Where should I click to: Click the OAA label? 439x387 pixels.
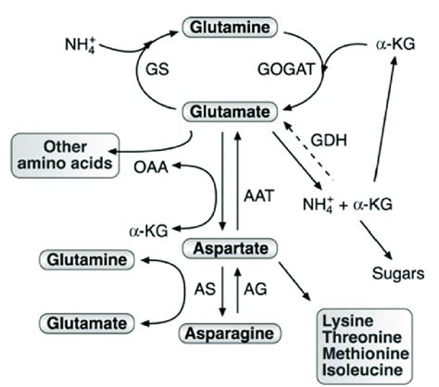[141, 169]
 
